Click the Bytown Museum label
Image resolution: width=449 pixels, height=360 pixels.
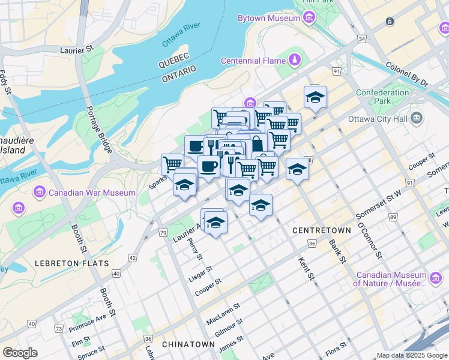268,19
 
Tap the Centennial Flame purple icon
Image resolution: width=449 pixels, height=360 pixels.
295,60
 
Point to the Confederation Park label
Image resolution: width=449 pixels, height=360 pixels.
382,97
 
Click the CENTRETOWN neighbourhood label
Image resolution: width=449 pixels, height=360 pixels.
321,230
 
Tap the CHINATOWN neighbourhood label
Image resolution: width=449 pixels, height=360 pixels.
188,344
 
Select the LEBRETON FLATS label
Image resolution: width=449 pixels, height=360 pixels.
72,263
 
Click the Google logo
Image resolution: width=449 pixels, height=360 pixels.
20,353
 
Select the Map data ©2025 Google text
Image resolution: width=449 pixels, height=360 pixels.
412,355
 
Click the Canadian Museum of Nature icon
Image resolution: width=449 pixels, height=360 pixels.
436,277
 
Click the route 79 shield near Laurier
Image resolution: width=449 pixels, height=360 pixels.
163,232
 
